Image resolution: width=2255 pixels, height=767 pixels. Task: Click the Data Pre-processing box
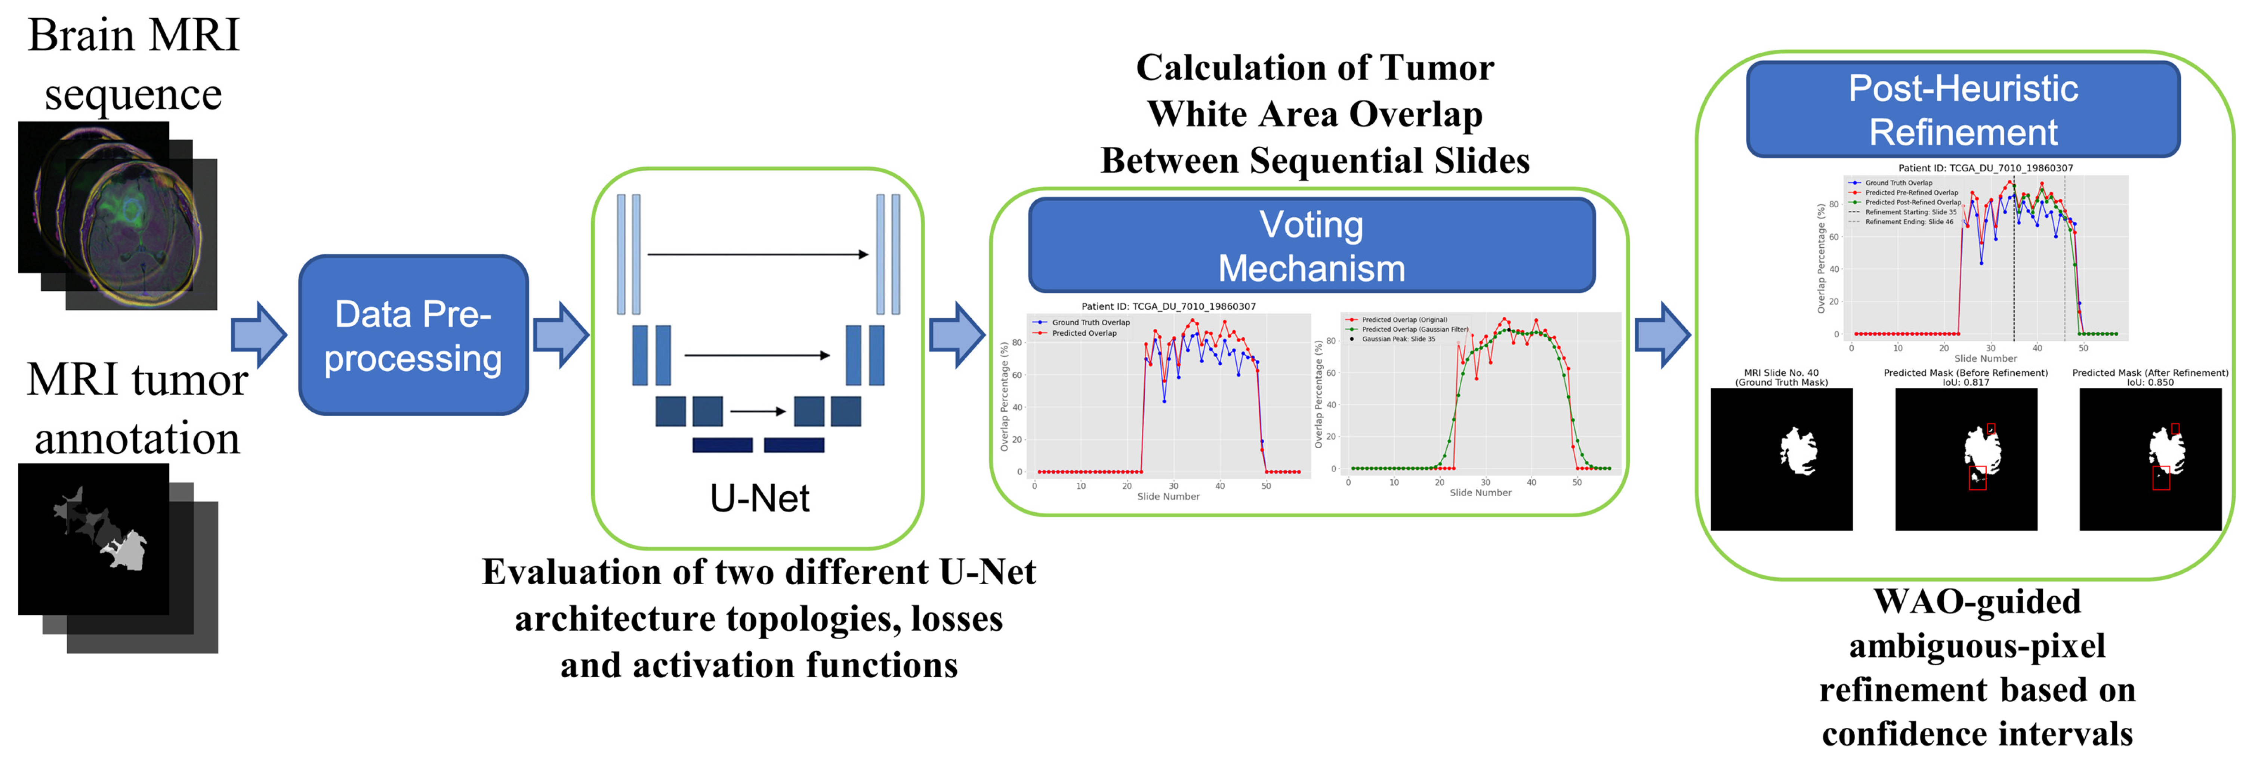[x=413, y=335]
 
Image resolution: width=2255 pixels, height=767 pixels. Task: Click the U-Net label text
[x=759, y=498]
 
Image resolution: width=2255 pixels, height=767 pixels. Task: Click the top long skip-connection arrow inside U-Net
[x=757, y=255]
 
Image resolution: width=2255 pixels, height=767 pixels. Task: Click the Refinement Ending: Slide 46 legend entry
[x=1908, y=222]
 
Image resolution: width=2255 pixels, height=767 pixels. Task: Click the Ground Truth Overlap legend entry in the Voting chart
[x=1090, y=322]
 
